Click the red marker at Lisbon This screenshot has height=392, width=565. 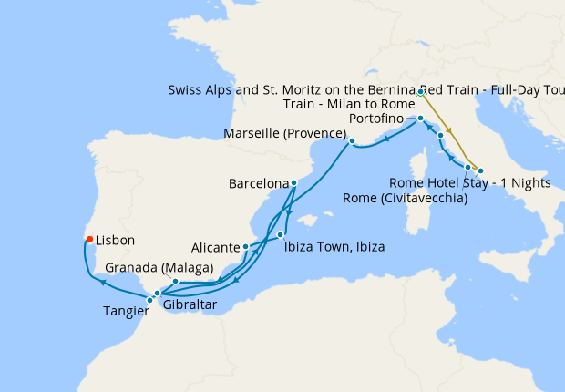coord(89,240)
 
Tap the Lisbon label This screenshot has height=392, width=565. coord(115,241)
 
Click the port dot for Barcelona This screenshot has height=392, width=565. coord(293,182)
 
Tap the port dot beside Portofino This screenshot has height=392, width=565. coord(420,119)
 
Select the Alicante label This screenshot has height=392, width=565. coord(216,247)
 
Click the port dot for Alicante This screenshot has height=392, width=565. coord(246,247)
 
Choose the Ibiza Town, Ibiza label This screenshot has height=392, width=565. coord(334,247)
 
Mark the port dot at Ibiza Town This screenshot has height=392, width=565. coord(281,235)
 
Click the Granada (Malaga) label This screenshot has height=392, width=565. coord(159,268)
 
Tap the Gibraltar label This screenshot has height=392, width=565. coord(190,305)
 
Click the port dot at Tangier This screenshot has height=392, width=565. coord(150,300)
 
